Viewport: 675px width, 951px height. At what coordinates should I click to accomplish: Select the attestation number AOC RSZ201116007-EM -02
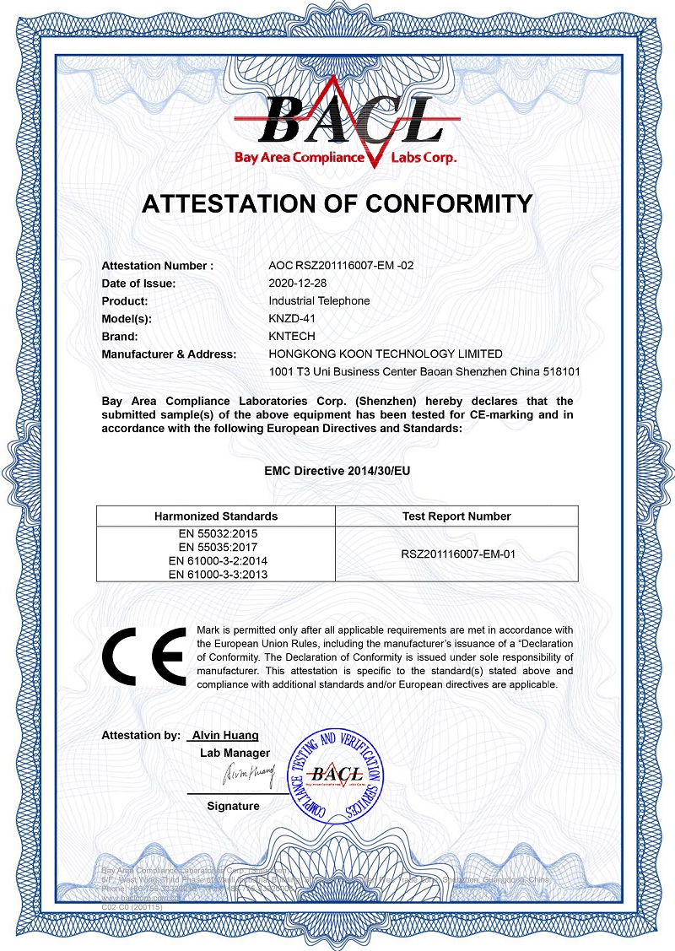pos(341,266)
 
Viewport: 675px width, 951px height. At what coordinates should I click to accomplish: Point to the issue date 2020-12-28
pos(296,284)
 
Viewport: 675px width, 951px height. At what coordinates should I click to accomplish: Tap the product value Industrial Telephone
pos(319,301)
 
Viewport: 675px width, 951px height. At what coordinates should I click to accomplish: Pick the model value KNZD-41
pos(292,319)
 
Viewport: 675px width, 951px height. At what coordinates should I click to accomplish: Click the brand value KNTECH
pos(291,337)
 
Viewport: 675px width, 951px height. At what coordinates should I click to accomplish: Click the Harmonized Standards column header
pos(216,516)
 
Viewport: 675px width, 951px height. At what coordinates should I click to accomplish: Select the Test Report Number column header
pos(457,516)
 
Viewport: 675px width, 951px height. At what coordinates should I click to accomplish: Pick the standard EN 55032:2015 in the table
pos(216,534)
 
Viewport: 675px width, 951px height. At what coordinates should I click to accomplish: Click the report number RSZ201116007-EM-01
pos(457,554)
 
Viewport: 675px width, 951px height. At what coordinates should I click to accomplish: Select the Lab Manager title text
pos(235,753)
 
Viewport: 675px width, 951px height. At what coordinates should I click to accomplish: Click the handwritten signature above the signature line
pos(249,773)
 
